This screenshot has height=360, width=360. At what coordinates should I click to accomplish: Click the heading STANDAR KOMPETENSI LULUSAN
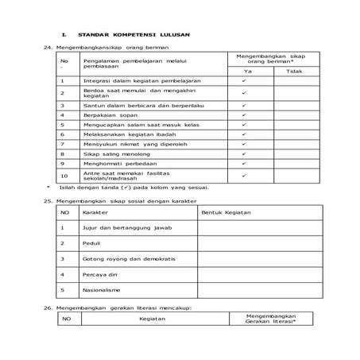[x=138, y=36]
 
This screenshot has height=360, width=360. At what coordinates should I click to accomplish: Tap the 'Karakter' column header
[x=95, y=213]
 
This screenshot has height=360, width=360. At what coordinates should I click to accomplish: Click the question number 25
[x=47, y=201]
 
